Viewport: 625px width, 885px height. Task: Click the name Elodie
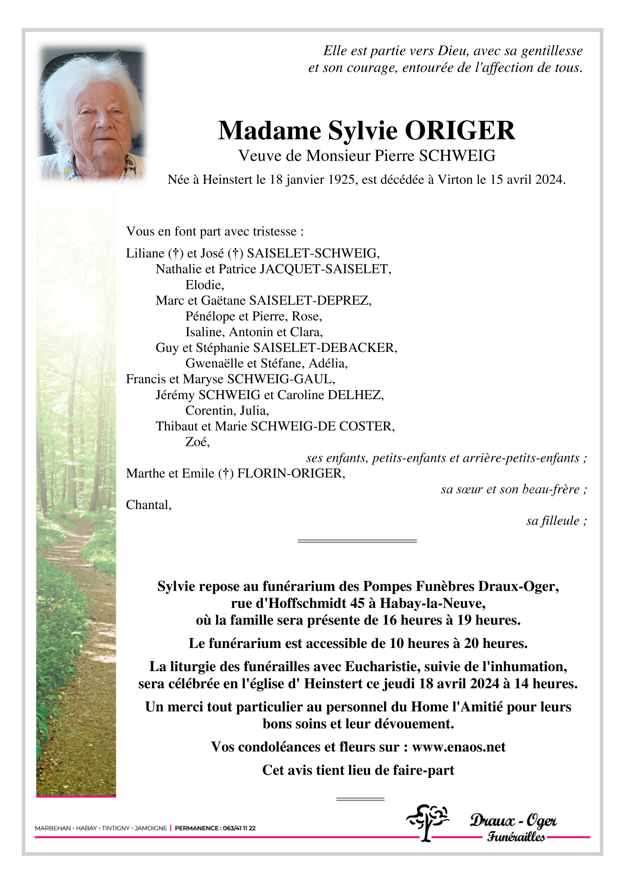pyautogui.click(x=204, y=285)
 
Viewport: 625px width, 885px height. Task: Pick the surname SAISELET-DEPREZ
pyautogui.click(x=310, y=301)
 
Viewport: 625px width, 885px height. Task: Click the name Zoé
pyautogui.click(x=197, y=442)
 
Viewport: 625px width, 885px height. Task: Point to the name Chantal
pyautogui.click(x=148, y=505)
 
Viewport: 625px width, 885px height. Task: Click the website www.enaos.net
pyautogui.click(x=458, y=747)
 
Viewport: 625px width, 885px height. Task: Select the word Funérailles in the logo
pyautogui.click(x=516, y=836)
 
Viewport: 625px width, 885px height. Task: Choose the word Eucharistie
pyautogui.click(x=384, y=667)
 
